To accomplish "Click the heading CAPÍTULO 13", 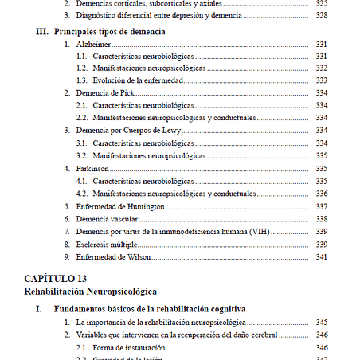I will [x=56, y=278].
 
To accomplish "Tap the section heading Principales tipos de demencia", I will [x=110, y=31].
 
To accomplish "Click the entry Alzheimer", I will [x=93, y=45].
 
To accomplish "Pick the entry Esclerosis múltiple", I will [x=107, y=244].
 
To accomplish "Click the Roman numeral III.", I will [x=43, y=31].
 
